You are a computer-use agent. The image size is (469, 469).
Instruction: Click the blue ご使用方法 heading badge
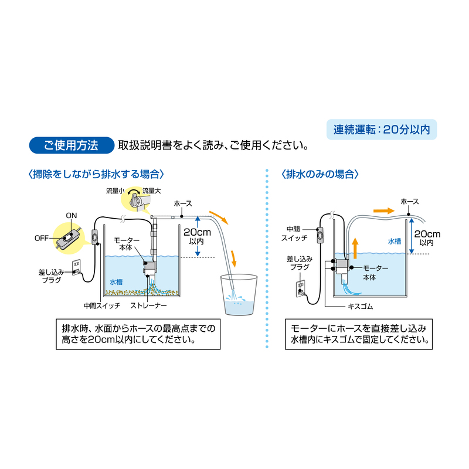click(72, 145)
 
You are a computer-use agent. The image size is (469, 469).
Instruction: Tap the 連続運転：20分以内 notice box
click(382, 130)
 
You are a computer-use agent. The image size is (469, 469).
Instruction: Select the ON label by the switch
click(72, 216)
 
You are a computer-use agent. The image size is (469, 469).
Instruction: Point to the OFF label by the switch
click(42, 239)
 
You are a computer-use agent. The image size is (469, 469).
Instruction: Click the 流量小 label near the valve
click(115, 191)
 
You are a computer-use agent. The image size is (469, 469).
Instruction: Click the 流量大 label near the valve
click(152, 191)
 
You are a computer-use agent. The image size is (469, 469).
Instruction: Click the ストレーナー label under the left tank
click(148, 305)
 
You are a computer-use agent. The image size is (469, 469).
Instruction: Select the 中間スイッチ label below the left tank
click(101, 305)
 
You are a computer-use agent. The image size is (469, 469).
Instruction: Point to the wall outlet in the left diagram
click(77, 267)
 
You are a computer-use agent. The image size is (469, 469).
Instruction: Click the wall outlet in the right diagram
click(300, 288)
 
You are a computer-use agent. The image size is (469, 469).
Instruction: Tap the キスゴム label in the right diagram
click(360, 307)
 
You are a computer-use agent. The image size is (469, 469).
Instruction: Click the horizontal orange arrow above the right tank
click(384, 211)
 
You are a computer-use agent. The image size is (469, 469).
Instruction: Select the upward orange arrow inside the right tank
click(355, 248)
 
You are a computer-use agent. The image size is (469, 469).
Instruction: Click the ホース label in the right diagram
click(409, 202)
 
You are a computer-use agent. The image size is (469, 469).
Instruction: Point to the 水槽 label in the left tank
click(115, 282)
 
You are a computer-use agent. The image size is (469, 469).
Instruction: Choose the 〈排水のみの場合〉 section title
click(320, 174)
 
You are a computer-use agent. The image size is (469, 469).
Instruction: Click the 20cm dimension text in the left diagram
click(197, 232)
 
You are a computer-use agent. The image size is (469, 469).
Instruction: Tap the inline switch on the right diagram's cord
click(320, 235)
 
